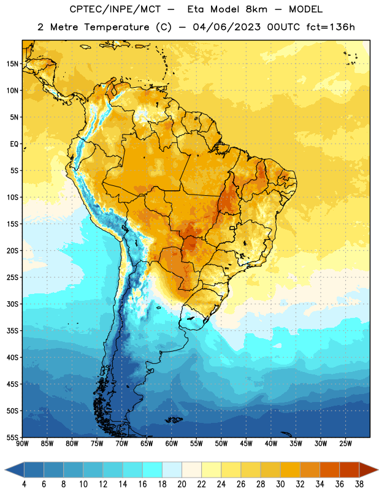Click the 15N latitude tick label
[x=12, y=64]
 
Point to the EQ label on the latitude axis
[x=14, y=144]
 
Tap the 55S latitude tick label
[x=12, y=438]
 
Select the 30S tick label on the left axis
[x=12, y=304]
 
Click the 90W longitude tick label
[x=22, y=444]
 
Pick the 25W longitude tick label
[x=345, y=444]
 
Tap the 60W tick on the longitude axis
[x=172, y=444]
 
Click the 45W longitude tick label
[x=247, y=444]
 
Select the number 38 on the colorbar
[x=359, y=484]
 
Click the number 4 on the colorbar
[x=24, y=484]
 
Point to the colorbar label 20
[x=182, y=484]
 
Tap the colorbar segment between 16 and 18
[x=153, y=470]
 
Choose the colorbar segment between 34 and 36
[x=329, y=470]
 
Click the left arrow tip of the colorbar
[x=5, y=470]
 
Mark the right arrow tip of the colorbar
[x=378, y=470]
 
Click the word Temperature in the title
[x=117, y=27]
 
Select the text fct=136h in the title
[x=331, y=27]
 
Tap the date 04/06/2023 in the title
[x=226, y=27]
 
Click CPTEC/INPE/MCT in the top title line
[x=115, y=9]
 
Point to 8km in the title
[x=256, y=9]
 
